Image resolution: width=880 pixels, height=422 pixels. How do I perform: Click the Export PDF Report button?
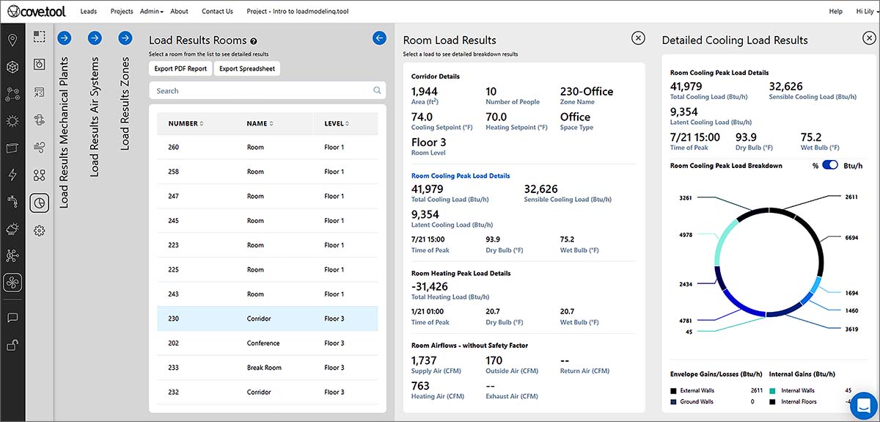pyautogui.click(x=180, y=68)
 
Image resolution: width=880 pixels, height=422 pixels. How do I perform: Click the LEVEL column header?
pyautogui.click(x=337, y=123)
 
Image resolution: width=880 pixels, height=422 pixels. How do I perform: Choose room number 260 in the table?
pyautogui.click(x=174, y=147)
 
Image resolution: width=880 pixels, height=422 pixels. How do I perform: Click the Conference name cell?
pyautogui.click(x=263, y=343)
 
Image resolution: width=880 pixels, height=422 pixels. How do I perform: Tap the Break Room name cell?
pyautogui.click(x=264, y=368)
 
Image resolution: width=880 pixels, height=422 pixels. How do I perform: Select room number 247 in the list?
pyautogui.click(x=174, y=196)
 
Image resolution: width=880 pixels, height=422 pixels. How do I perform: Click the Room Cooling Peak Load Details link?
pyautogui.click(x=461, y=176)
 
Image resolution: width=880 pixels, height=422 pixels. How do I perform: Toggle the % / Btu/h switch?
pyautogui.click(x=829, y=165)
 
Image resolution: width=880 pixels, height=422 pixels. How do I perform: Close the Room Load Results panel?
pyautogui.click(x=638, y=38)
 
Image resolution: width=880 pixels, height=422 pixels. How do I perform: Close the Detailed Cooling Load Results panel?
pyautogui.click(x=869, y=38)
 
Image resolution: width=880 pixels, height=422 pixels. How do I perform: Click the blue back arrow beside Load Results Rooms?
pyautogui.click(x=379, y=38)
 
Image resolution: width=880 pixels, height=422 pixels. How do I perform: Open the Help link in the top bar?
pyautogui.click(x=835, y=12)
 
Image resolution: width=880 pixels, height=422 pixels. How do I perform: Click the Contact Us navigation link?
pyautogui.click(x=217, y=12)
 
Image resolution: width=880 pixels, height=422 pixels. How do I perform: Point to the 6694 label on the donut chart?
pyautogui.click(x=851, y=238)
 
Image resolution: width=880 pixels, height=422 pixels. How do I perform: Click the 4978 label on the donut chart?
pyautogui.click(x=686, y=235)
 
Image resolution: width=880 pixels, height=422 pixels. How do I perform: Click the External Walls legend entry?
pyautogui.click(x=697, y=390)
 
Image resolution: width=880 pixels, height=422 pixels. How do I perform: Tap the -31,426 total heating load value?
pyautogui.click(x=430, y=286)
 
